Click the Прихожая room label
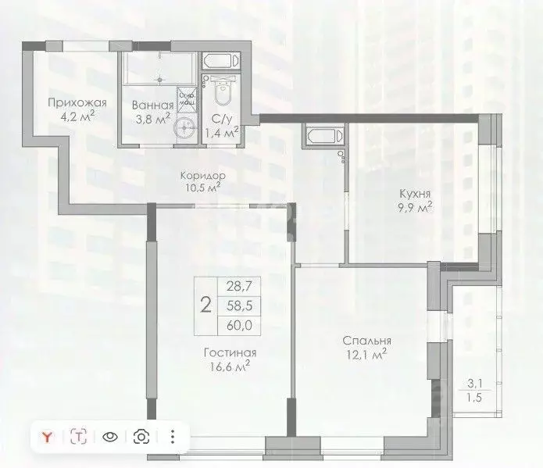(x=77, y=103)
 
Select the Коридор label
(x=202, y=176)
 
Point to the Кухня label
(x=413, y=193)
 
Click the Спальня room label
(x=366, y=341)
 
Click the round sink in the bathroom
(x=184, y=129)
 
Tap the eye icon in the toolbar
(x=110, y=437)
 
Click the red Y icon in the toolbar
(x=48, y=437)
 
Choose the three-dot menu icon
(x=173, y=437)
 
